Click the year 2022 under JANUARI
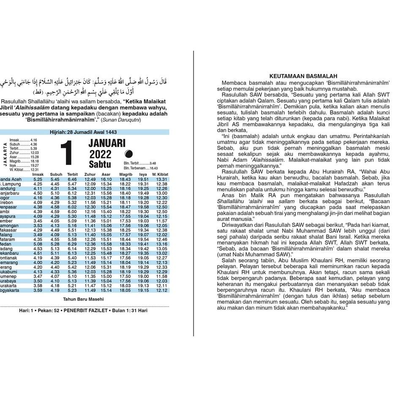click(x=100, y=154)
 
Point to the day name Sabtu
click(x=100, y=164)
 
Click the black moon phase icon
click(x=129, y=154)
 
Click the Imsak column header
click(x=38, y=174)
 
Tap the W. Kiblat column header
click(x=160, y=174)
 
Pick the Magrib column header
click(x=125, y=174)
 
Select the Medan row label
click(x=7, y=244)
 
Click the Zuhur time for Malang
click(x=90, y=235)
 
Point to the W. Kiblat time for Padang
click(x=161, y=249)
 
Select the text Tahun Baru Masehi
click(x=84, y=299)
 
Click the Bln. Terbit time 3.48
click(x=153, y=163)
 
